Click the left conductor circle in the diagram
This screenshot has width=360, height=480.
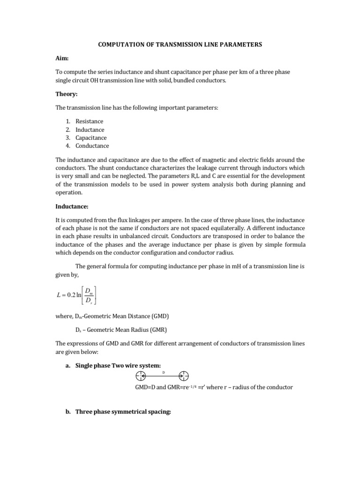[x=141, y=376]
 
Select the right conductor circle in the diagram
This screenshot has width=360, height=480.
[x=184, y=376]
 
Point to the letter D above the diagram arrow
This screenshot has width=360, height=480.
[x=163, y=371]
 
